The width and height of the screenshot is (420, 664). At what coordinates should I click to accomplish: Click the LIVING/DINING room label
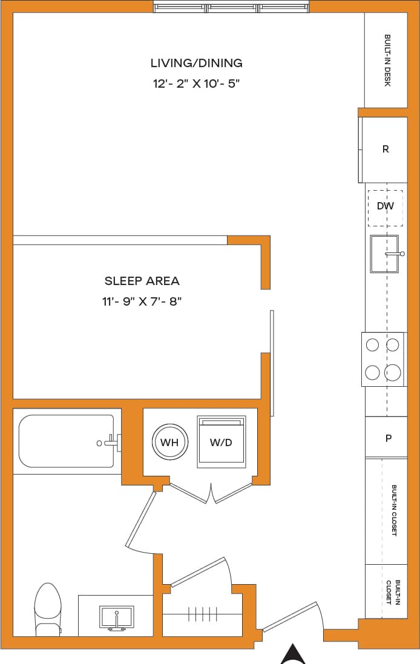tap(197, 62)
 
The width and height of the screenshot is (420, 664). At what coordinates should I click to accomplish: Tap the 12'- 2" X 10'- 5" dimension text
tap(197, 84)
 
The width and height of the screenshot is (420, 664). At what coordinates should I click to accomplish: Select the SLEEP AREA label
tap(142, 281)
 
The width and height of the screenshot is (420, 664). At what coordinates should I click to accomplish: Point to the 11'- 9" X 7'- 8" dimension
tap(142, 301)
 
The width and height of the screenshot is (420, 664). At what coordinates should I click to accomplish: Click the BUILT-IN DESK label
tap(387, 61)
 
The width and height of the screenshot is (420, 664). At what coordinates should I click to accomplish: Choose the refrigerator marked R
tap(385, 149)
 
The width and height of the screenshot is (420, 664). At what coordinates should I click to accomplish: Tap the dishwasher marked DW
tap(386, 206)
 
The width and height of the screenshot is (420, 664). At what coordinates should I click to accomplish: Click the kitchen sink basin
tap(384, 254)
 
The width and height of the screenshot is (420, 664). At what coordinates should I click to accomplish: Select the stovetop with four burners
tap(383, 359)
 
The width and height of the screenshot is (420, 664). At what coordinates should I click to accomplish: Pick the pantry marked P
tap(388, 438)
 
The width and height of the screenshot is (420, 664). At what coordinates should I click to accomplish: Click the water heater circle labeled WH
tap(169, 442)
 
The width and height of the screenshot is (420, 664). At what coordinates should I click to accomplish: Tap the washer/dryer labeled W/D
tap(221, 442)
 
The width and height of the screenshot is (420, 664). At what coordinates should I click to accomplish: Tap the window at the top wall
tap(232, 8)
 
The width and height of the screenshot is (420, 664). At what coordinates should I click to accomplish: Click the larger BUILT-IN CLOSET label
tap(394, 510)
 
